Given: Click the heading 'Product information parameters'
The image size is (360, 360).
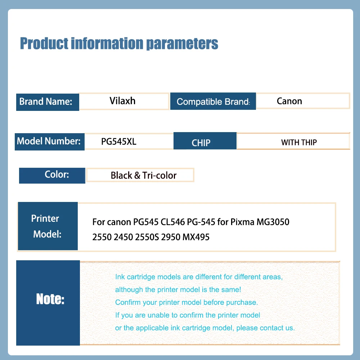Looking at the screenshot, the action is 119,44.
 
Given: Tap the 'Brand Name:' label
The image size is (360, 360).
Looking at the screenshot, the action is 46,102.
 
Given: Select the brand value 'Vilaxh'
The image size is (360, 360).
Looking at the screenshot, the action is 122,101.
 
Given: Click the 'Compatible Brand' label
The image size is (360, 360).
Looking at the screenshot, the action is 213,102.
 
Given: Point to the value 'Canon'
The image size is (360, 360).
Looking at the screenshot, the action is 289,101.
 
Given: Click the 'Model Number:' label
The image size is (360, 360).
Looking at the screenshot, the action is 49,141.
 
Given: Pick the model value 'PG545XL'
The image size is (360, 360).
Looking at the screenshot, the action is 119,141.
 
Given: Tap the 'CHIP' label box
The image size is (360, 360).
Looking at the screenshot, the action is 201,143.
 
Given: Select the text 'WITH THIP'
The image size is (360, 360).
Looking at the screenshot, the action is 299,143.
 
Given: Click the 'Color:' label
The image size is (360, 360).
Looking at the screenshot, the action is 57,175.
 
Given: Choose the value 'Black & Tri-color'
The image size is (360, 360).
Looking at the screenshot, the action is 144,176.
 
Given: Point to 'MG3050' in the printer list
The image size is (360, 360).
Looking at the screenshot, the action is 273,222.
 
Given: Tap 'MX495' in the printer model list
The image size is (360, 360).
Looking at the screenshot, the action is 196,237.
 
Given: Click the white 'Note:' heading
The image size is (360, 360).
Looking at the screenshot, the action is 50,299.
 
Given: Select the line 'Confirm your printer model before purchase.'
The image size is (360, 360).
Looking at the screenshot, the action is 186,302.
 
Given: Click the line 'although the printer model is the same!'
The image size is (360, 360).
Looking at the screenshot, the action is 178,290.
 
